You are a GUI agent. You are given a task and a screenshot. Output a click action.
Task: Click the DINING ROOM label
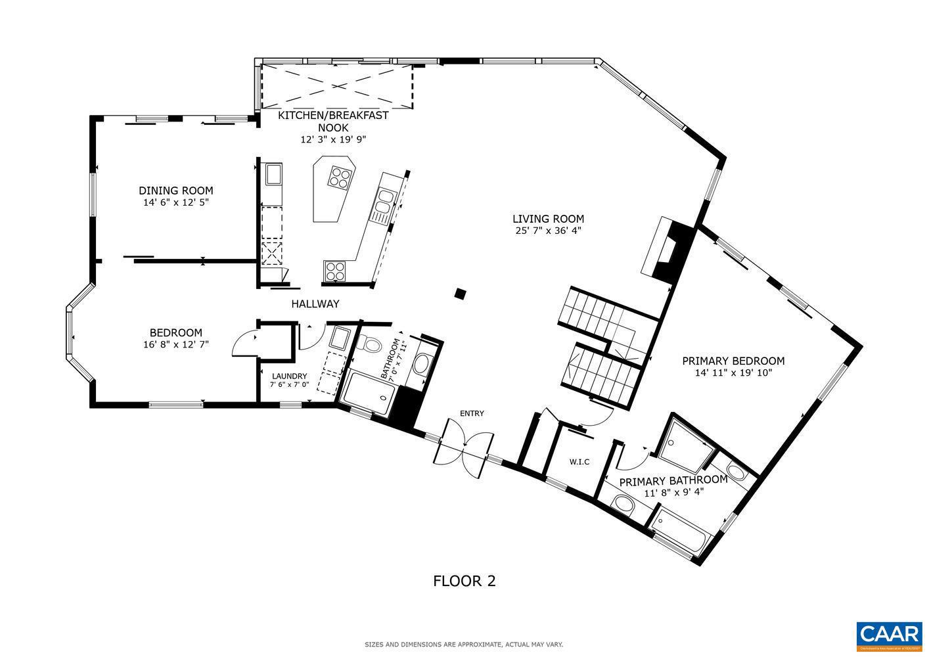coord(175,191)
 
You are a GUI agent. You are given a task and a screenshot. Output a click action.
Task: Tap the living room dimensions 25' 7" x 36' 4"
coord(548,231)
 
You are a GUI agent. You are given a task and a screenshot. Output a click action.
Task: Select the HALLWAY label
coord(315,304)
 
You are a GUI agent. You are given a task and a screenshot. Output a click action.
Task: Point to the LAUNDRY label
coord(289,376)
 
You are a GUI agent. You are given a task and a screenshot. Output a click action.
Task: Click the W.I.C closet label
coord(579,462)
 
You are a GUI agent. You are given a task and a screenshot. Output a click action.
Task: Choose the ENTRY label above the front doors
coord(472,413)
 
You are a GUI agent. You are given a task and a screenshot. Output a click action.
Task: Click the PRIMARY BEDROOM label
coord(733,361)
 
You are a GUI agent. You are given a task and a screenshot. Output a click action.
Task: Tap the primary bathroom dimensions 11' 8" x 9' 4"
coord(673,491)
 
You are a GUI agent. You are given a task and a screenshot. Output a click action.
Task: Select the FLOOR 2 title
coord(464,581)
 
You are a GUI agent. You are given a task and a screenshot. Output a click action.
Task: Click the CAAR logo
coord(890,634)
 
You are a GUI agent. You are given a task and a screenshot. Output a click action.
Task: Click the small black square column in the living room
coord(461,293)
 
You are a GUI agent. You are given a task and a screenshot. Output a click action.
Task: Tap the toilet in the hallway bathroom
coord(372,344)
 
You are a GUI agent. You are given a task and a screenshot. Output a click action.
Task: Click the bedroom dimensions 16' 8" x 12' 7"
coord(175,344)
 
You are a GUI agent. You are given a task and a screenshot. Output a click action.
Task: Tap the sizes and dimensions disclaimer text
coord(464,645)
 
